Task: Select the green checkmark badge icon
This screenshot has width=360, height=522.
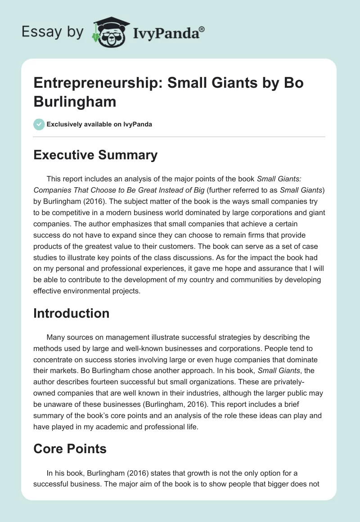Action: click(x=39, y=124)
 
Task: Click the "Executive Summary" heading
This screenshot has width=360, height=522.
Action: click(x=95, y=155)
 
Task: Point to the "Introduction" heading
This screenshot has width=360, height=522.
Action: click(x=72, y=313)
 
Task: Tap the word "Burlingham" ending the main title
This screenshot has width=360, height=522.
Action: click(x=75, y=101)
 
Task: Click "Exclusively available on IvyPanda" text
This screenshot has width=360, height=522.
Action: click(x=99, y=125)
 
